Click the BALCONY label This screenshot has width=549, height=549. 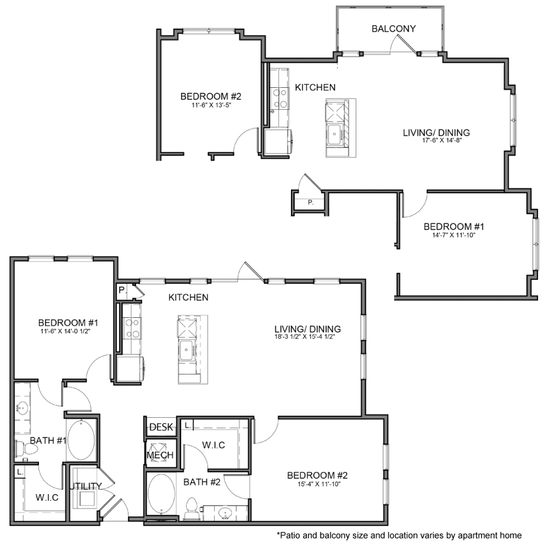(x=393, y=29)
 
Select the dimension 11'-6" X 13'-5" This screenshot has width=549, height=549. (x=211, y=105)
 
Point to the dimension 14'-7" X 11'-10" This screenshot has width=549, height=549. (x=453, y=235)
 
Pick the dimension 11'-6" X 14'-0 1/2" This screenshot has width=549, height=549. (x=64, y=332)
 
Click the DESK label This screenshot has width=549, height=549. (x=162, y=426)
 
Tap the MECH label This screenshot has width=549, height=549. (x=160, y=455)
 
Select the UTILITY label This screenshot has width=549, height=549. (x=85, y=486)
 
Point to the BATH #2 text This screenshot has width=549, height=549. (x=201, y=483)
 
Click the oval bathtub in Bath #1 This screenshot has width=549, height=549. (x=81, y=439)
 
